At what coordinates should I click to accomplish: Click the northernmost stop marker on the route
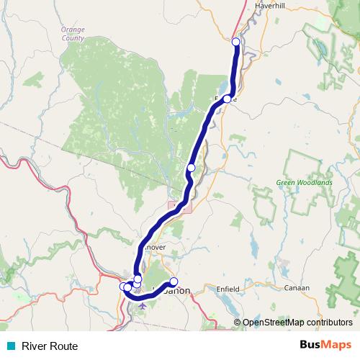235,42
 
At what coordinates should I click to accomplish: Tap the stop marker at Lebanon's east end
174,282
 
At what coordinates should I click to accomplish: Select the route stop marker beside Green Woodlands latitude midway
191,168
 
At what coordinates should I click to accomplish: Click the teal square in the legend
9,346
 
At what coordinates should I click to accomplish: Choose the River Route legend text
49,346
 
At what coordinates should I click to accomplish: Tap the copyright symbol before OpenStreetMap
237,323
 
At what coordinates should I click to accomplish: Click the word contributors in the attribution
328,323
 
